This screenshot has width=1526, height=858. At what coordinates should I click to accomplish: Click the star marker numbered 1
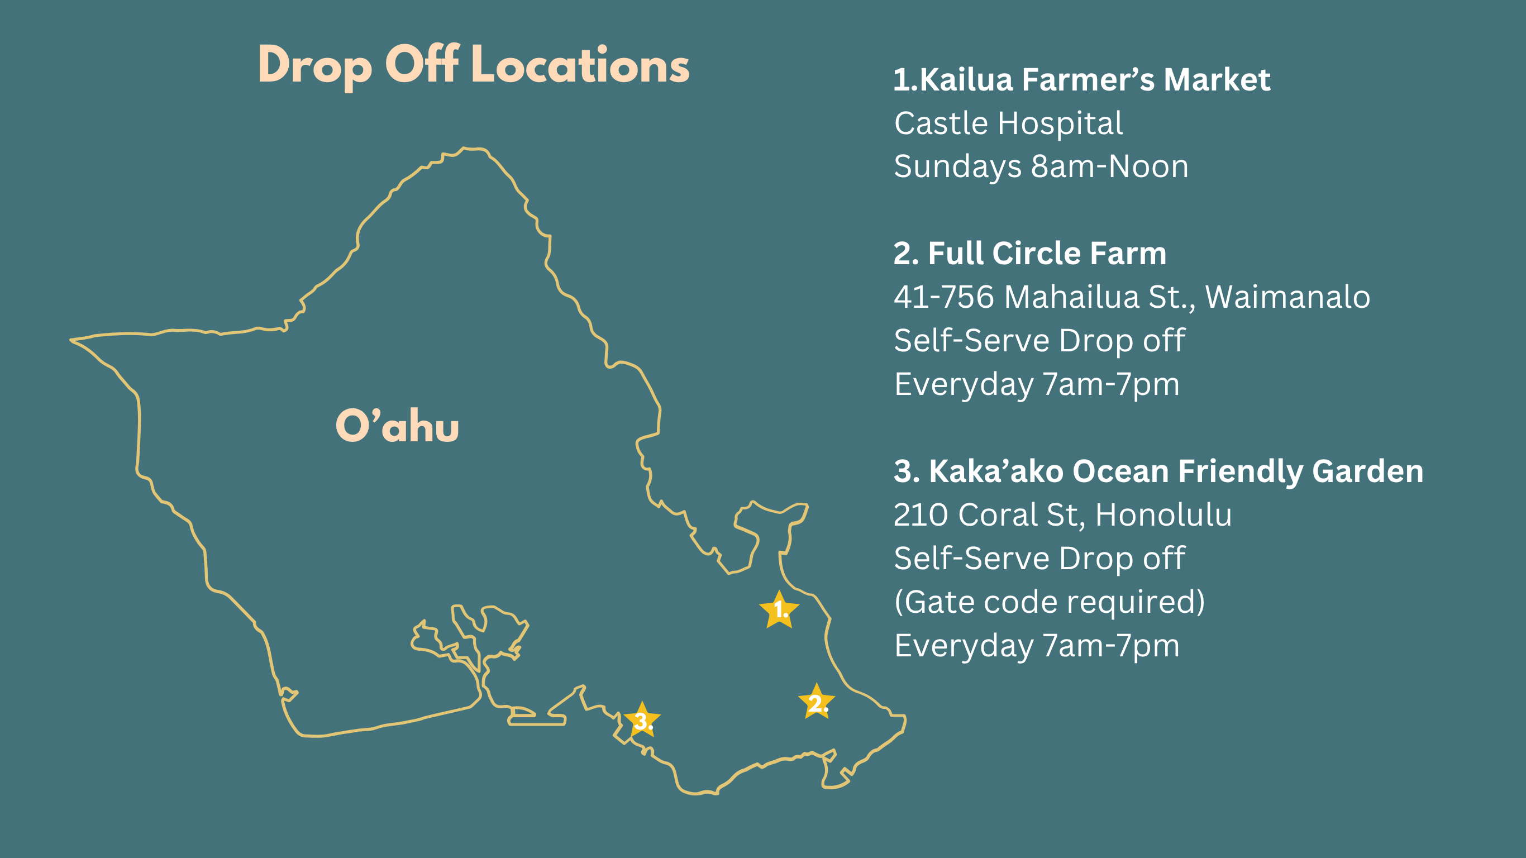(779, 610)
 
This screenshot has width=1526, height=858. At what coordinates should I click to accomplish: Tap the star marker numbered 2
(816, 702)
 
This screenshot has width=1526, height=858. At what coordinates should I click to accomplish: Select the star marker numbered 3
(642, 720)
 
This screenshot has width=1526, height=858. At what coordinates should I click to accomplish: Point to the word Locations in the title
(580, 65)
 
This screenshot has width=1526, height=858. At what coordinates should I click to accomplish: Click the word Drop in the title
(315, 68)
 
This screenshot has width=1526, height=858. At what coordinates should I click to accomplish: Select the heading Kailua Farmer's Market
(1081, 79)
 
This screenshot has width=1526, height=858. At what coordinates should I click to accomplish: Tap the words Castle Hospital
(1008, 123)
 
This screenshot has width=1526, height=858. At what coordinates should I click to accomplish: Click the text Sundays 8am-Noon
(1041, 166)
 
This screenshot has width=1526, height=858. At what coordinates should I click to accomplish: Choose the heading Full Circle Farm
(1029, 254)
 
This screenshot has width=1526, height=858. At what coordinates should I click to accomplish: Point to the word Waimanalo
(1288, 297)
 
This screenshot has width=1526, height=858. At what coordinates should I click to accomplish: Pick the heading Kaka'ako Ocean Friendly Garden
(1158, 471)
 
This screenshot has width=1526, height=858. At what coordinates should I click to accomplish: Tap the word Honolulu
(1163, 514)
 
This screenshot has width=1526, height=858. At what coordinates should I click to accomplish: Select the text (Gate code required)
(1049, 602)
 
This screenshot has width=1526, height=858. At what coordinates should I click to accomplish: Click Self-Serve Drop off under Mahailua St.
(1039, 341)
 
